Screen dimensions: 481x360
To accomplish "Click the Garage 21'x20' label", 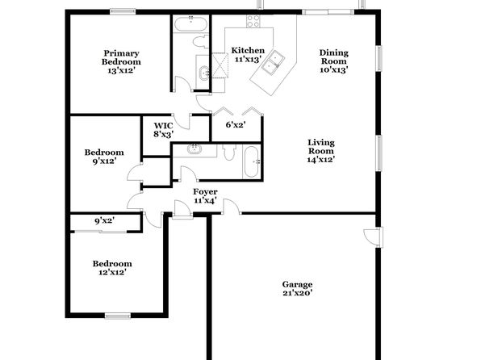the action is coord(297,288).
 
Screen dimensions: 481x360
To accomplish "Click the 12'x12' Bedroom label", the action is coord(112,268).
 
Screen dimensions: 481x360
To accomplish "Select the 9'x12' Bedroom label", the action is coord(104,157).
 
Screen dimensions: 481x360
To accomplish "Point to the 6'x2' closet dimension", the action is coord(236,125).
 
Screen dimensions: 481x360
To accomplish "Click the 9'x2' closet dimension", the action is coord(105,220).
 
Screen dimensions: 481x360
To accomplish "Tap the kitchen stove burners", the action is coord(253,21).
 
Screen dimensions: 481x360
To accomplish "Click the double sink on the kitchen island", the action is coord(273,62).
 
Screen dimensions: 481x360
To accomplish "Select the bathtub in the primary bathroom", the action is coord(190,23).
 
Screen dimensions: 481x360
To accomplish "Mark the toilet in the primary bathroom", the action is coord(201,42).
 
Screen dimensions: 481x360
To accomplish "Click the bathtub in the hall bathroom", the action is coord(252,161).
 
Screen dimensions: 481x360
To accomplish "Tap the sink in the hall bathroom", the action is coord(194,149).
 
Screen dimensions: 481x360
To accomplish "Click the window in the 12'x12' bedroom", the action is coord(118,316).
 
